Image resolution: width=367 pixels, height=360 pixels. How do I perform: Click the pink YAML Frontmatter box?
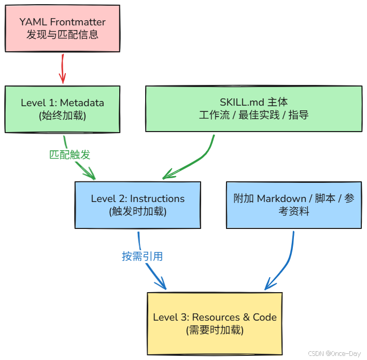(x=62, y=28)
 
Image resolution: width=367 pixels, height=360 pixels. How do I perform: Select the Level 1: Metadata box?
(x=62, y=109)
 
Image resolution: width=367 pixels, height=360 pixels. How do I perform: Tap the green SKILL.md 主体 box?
(x=253, y=109)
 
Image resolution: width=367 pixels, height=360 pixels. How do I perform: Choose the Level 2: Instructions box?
(x=137, y=205)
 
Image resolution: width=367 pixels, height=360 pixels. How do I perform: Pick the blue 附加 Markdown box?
(x=294, y=205)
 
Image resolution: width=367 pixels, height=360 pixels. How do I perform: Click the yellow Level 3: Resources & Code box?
(x=215, y=323)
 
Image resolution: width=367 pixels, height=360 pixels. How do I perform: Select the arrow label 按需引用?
(x=143, y=256)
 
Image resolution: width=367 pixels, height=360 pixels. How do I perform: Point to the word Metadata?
(x=81, y=103)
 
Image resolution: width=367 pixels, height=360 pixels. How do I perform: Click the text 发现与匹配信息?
(x=62, y=35)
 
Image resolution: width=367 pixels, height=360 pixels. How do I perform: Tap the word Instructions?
(x=157, y=198)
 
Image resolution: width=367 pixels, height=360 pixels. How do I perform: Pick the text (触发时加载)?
(x=137, y=211)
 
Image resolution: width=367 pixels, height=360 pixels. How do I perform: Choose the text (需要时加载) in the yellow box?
(x=215, y=330)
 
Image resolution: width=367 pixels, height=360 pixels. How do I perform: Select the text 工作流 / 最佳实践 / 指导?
(x=253, y=116)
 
